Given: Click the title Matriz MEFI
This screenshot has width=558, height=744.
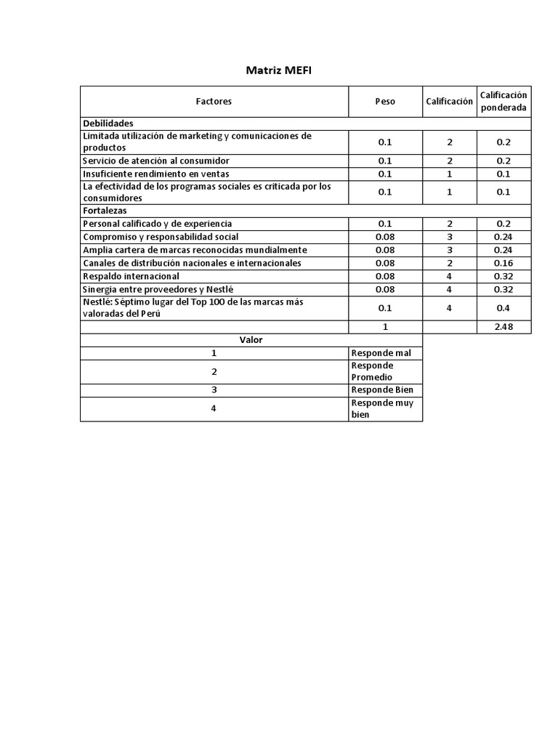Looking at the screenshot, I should point(279,70).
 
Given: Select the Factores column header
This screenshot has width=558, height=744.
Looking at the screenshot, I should point(214,102).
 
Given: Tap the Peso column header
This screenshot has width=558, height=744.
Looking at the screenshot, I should point(385,102).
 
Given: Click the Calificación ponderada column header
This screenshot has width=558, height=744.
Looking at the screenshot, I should point(504,102).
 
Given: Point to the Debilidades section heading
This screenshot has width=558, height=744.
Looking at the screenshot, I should point(108,124).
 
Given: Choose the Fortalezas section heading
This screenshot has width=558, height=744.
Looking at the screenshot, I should point(105,211).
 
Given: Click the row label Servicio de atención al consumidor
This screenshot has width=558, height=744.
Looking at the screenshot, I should point(156,161).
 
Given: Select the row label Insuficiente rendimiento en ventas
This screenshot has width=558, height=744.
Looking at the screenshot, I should point(156,174).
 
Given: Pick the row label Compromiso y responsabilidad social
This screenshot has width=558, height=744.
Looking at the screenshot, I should point(161,237).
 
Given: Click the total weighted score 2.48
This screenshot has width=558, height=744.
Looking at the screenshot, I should point(504,327).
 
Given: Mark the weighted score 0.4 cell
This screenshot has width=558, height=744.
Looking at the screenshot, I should point(504,308).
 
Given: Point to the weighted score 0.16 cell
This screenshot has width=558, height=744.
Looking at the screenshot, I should point(504,263).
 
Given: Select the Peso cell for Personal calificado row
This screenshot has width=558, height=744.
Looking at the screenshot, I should point(385,224).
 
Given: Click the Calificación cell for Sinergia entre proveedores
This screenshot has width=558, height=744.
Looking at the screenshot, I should point(450,289).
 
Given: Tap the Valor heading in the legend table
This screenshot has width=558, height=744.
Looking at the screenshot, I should point(251,339).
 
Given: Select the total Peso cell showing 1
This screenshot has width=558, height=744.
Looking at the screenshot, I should point(385,327).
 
